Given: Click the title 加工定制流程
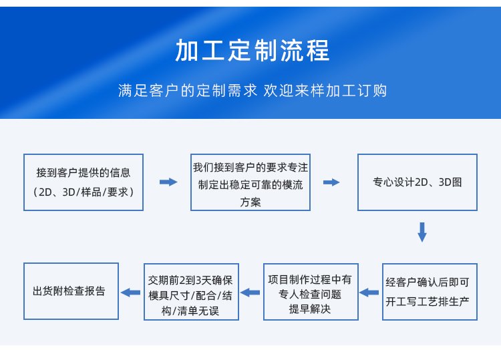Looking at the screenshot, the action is click(x=252, y=50).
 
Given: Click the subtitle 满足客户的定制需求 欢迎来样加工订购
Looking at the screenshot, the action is click(x=253, y=90).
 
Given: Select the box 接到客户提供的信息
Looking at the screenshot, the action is click(x=83, y=182).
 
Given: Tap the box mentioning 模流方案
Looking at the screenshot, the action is click(x=251, y=182).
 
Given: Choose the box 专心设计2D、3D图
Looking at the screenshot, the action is click(x=417, y=182).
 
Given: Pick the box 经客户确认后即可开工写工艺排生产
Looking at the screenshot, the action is click(x=430, y=292).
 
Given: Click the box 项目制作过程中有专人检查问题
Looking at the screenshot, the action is click(x=311, y=292).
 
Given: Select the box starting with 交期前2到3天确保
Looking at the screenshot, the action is click(x=191, y=292).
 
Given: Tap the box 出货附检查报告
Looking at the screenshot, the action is click(x=71, y=291).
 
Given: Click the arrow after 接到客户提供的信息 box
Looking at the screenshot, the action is click(x=168, y=182).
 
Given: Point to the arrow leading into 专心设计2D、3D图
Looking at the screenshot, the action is click(x=331, y=182).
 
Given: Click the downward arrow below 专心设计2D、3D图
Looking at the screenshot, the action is click(x=422, y=232).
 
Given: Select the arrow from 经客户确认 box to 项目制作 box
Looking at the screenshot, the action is click(x=369, y=293).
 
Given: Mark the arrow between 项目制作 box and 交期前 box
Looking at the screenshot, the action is click(x=250, y=293).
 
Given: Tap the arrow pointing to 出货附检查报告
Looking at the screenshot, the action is click(x=130, y=293).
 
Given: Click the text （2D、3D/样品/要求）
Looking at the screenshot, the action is click(x=83, y=192).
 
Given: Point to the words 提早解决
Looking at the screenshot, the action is click(x=309, y=309).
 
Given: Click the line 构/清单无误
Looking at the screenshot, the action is click(x=190, y=311).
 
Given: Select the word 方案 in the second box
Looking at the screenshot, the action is click(x=251, y=202).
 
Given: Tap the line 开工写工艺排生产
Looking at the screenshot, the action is click(x=428, y=301).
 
